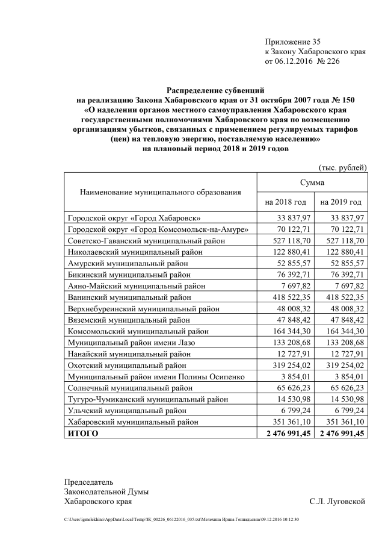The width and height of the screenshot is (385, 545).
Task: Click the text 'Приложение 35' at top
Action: tap(293, 42)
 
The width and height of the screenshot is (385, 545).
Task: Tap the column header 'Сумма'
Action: tap(312, 182)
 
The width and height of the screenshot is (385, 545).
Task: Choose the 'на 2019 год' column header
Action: tap(340, 202)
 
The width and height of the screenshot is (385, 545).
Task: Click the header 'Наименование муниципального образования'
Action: tap(160, 192)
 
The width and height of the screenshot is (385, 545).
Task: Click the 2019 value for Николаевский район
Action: tap(342, 252)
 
